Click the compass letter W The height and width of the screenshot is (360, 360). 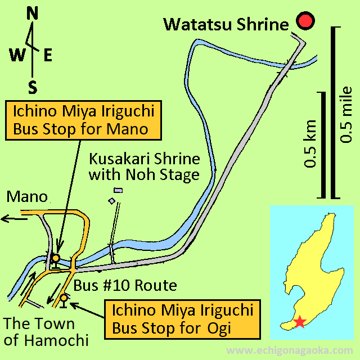click(17, 55)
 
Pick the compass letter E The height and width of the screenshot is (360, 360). click(48, 55)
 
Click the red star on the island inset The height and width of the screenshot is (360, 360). click(300, 322)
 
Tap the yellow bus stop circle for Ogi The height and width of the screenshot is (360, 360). click(65, 298)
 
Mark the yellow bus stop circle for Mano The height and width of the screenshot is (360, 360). click(55, 258)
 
